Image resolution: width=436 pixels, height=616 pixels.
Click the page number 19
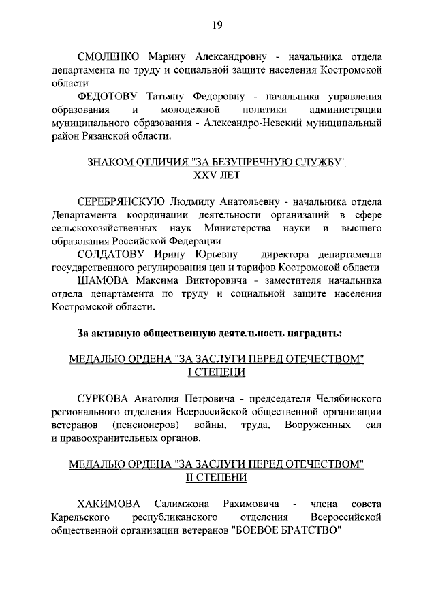click(x=217, y=25)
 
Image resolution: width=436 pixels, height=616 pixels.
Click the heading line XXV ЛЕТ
click(x=217, y=176)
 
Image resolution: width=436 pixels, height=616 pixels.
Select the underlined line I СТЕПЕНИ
click(x=217, y=373)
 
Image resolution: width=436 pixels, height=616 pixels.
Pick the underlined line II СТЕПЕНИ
click(x=217, y=478)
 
